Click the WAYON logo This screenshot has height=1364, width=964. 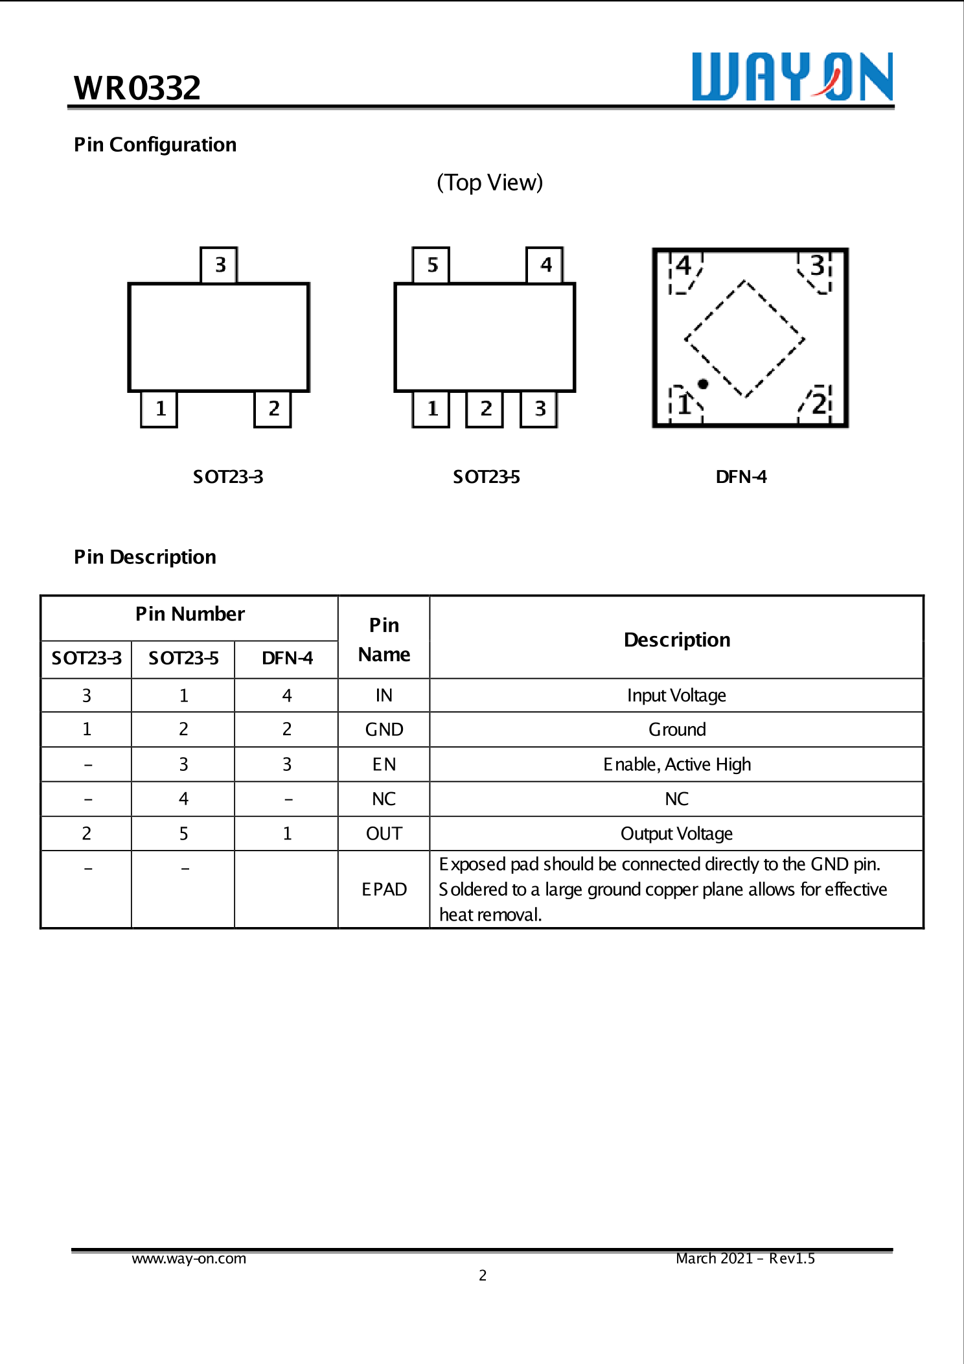pyautogui.click(x=792, y=77)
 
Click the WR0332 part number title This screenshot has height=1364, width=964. pyautogui.click(x=137, y=88)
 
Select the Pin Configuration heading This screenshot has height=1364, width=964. pyautogui.click(x=155, y=145)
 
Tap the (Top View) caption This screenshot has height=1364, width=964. pyautogui.click(x=489, y=183)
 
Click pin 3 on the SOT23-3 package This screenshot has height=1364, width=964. pyautogui.click(x=220, y=265)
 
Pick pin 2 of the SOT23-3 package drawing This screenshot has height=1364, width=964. pyautogui.click(x=273, y=409)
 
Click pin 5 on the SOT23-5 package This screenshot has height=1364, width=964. pyautogui.click(x=431, y=265)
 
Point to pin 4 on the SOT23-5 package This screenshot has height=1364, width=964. pyautogui.click(x=545, y=265)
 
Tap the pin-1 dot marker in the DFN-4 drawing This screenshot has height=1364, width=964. pyautogui.click(x=703, y=384)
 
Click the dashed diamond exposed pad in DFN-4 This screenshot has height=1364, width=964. pyautogui.click(x=744, y=339)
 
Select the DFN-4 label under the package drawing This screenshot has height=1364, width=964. pyautogui.click(x=740, y=477)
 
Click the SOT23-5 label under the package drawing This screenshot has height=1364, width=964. pyautogui.click(x=486, y=477)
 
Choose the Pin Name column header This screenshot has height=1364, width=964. pyautogui.click(x=384, y=639)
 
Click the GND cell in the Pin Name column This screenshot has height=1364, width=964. pyautogui.click(x=384, y=729)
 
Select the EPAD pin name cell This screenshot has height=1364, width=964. pyautogui.click(x=384, y=889)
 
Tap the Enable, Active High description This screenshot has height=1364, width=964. pyautogui.click(x=676, y=764)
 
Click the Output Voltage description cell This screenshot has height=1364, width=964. pyautogui.click(x=676, y=834)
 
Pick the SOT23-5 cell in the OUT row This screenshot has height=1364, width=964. pyautogui.click(x=183, y=834)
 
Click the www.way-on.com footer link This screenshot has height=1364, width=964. pyautogui.click(x=189, y=1258)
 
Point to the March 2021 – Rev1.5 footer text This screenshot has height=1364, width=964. pyautogui.click(x=745, y=1258)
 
